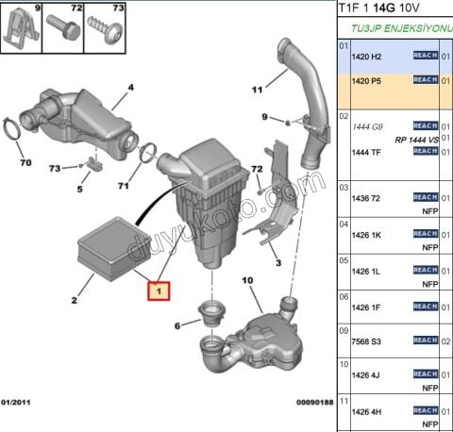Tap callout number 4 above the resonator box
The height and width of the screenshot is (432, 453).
click(130, 89)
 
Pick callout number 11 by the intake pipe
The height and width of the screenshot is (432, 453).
click(256, 91)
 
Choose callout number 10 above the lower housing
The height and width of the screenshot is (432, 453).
click(247, 280)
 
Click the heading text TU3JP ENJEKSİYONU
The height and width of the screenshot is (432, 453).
click(398, 28)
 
